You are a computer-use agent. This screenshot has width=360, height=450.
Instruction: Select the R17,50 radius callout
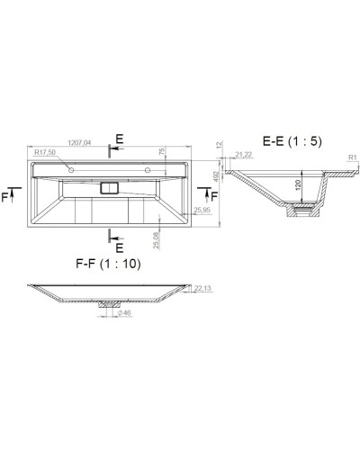click(x=46, y=153)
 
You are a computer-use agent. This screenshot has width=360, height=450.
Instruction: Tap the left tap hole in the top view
click(x=71, y=169)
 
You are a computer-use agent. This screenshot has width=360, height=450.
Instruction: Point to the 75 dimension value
click(x=162, y=154)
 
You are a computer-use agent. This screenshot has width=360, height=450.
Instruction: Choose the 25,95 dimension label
click(x=202, y=211)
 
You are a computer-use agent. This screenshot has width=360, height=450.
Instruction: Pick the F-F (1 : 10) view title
click(x=110, y=265)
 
